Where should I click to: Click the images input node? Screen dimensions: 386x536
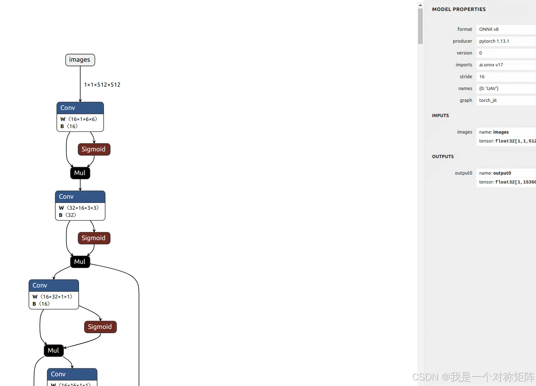click(80, 60)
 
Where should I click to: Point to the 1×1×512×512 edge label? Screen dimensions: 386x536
click(102, 85)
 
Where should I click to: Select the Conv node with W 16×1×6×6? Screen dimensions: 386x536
click(80, 116)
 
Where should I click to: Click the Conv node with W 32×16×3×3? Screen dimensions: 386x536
click(80, 205)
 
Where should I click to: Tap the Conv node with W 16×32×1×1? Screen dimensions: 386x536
click(54, 294)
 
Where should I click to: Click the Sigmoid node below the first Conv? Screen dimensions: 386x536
click(94, 149)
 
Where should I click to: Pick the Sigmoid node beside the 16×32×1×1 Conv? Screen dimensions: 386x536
click(100, 327)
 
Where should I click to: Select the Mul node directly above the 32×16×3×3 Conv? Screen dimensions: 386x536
click(80, 173)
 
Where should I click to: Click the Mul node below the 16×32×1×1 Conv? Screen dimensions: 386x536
click(54, 350)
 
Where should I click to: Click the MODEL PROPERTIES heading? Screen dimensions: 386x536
click(459, 9)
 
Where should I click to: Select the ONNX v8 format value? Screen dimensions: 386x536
click(489, 29)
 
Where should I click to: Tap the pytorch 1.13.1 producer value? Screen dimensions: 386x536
click(494, 41)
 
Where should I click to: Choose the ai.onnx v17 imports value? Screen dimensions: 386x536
click(491, 65)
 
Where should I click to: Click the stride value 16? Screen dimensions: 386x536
click(482, 77)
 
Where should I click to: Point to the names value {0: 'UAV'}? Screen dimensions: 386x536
click(489, 88)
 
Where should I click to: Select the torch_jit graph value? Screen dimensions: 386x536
click(488, 100)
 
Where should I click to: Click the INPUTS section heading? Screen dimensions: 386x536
click(440, 115)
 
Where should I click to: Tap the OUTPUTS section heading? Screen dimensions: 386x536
click(443, 156)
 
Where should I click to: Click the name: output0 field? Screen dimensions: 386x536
click(495, 173)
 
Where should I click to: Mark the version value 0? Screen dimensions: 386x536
click(481, 53)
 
